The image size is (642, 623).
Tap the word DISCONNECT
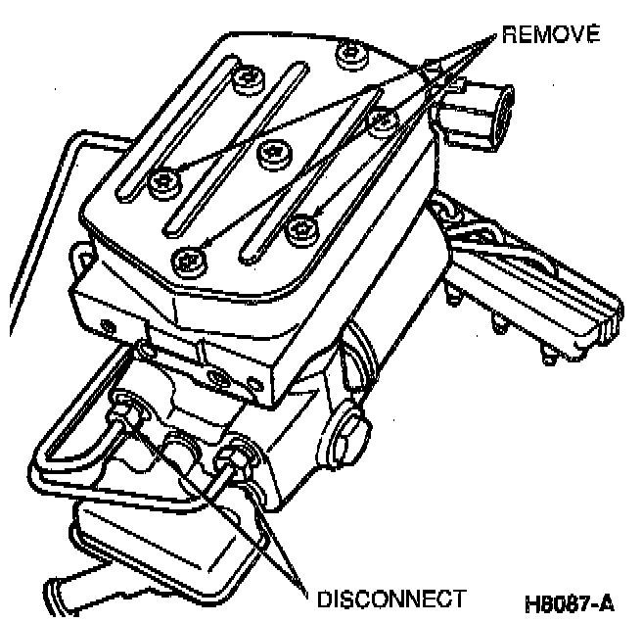[388, 598]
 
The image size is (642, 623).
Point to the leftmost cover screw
[161, 180]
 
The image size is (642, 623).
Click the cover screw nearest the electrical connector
[382, 119]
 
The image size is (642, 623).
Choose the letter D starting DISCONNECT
[322, 598]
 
